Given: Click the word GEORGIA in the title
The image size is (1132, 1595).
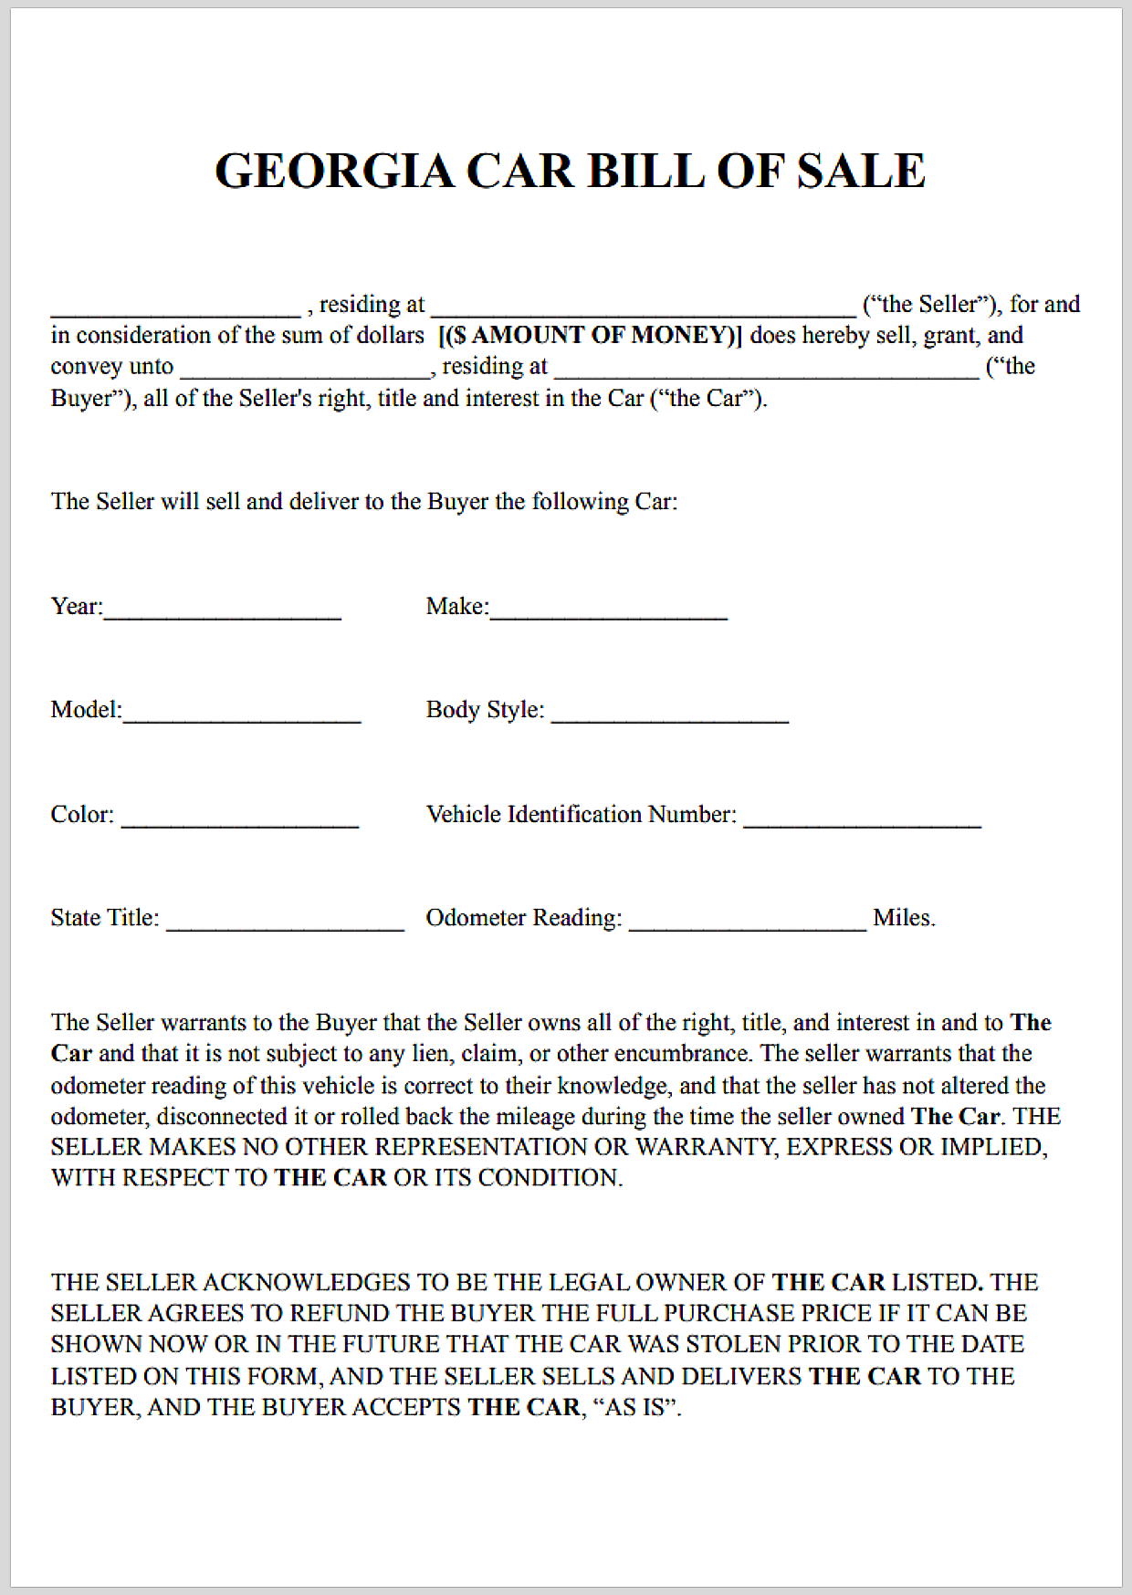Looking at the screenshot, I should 333,171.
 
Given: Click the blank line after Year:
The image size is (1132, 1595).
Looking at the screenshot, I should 222,611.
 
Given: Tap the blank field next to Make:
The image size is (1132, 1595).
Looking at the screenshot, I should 608,611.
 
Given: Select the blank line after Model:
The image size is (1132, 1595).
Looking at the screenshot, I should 242,714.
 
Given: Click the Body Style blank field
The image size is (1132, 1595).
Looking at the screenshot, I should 669,714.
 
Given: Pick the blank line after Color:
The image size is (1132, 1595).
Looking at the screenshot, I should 239,818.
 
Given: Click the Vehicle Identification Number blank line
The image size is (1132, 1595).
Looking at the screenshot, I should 862,818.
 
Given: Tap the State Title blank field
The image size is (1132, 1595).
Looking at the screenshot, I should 285,922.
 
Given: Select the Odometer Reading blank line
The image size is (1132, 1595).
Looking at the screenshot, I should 747,922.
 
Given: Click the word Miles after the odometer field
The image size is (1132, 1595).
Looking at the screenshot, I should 904,918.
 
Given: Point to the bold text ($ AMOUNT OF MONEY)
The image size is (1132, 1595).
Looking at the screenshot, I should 591,335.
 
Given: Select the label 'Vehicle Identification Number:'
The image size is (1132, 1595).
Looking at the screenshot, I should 581,814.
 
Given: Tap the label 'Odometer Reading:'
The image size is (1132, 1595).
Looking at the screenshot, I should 523,918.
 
